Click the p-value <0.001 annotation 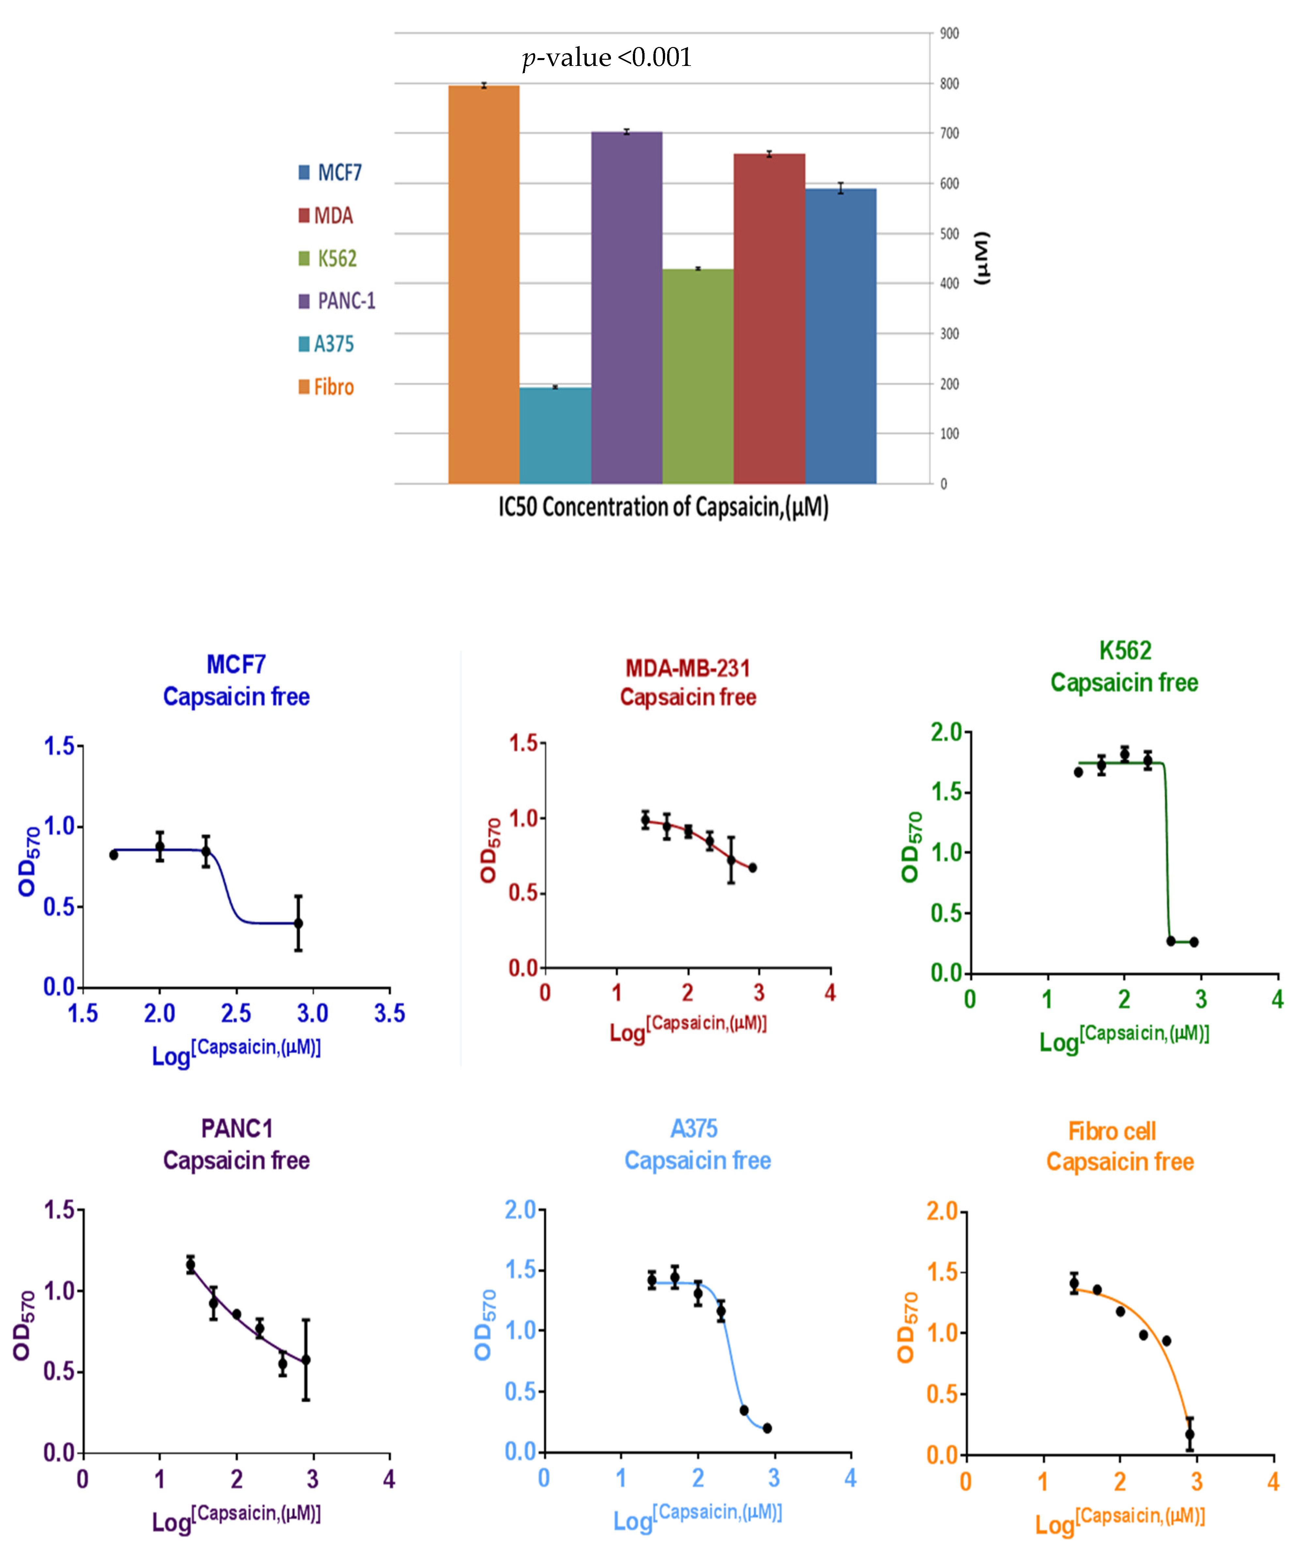point(606,58)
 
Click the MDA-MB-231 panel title point(688,668)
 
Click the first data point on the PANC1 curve point(190,1266)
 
